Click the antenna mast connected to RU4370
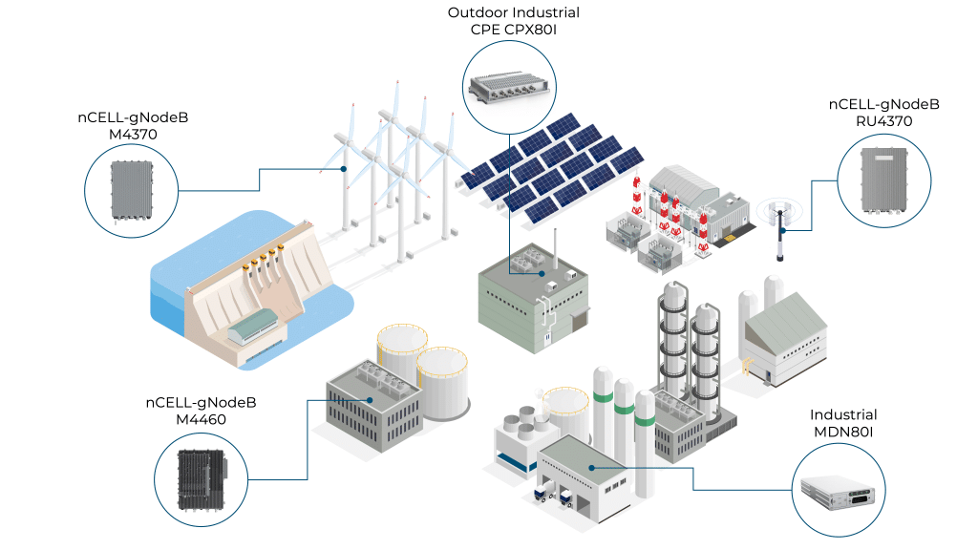pyautogui.click(x=779, y=230)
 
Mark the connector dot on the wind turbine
pyautogui.click(x=345, y=169)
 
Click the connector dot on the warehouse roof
pyautogui.click(x=592, y=467)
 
